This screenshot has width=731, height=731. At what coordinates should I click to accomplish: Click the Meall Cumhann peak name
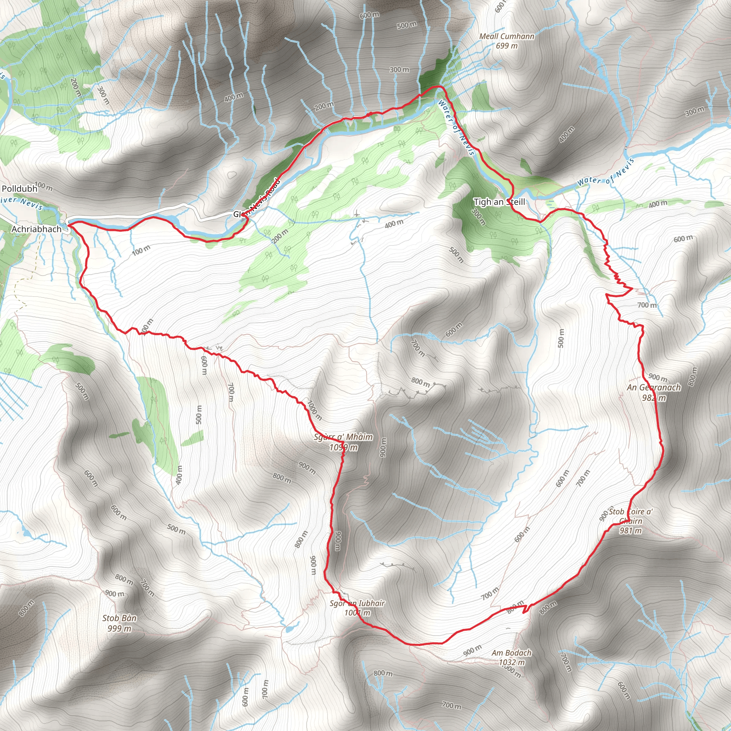(506, 36)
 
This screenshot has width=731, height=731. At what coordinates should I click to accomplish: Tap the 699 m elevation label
(506, 46)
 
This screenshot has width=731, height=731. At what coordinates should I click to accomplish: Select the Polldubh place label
(20, 188)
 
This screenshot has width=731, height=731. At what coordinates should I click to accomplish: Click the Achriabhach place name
(36, 229)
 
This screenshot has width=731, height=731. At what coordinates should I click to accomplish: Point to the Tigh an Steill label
(499, 202)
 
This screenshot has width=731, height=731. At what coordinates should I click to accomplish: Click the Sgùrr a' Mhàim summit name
(343, 437)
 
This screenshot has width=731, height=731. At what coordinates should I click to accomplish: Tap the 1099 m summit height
(343, 448)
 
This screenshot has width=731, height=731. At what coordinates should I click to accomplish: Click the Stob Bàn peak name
(119, 618)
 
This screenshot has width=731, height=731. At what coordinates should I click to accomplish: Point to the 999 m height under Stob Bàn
(119, 629)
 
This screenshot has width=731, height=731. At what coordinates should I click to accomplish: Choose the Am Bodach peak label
(511, 653)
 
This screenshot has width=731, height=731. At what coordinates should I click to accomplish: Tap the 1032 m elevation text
(511, 662)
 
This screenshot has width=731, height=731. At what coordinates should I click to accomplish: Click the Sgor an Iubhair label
(357, 603)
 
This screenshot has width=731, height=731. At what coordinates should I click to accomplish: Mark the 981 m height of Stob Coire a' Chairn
(630, 530)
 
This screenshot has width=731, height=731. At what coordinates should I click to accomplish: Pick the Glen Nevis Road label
(261, 197)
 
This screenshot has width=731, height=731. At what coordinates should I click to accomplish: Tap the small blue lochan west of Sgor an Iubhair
(289, 629)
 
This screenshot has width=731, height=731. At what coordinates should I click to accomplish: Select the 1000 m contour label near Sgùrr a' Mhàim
(314, 411)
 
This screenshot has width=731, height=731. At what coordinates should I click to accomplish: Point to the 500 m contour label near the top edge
(407, 25)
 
